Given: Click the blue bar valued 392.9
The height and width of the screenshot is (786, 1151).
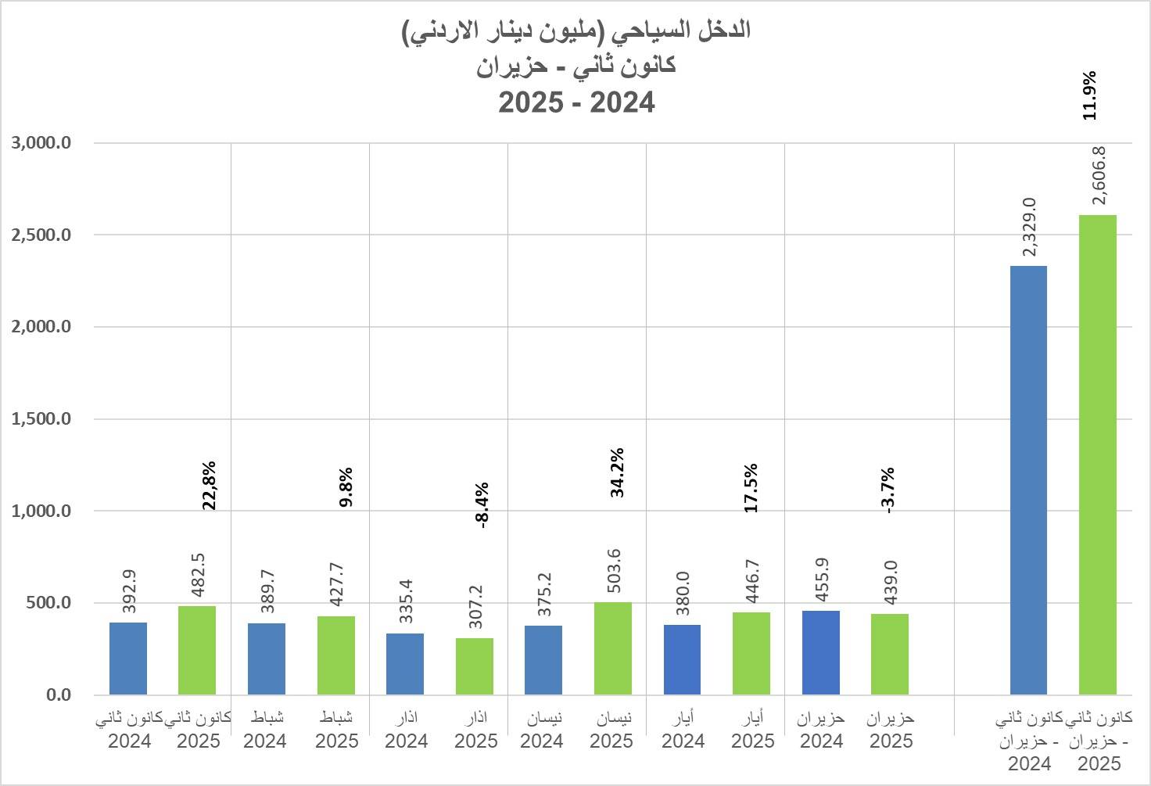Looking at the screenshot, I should click(x=128, y=659).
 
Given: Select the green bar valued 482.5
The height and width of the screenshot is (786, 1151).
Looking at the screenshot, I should click(x=197, y=650).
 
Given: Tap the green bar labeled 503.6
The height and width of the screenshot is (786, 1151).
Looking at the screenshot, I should click(x=612, y=648).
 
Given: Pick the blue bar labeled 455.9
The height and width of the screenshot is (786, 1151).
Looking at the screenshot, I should click(x=821, y=652).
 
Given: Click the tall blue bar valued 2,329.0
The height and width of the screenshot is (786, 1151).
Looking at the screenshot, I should click(x=1028, y=480).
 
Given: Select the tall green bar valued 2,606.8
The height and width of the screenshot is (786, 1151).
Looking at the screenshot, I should click(x=1097, y=454).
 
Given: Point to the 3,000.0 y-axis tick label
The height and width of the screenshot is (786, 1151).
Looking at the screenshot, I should click(x=41, y=143).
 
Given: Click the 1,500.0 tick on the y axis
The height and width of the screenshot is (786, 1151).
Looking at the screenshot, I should click(x=41, y=419).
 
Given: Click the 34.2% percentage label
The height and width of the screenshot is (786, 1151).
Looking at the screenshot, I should click(x=618, y=472).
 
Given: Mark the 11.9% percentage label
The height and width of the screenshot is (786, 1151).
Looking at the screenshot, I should click(x=1089, y=95).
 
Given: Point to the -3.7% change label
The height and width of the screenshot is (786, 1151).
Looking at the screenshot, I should click(x=887, y=490).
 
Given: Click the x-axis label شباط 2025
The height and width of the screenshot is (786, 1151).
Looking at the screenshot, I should click(x=337, y=729).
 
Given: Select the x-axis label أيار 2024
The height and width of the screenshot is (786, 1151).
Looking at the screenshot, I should click(x=683, y=729).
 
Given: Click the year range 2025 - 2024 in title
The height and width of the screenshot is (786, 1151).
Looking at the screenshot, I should click(x=576, y=102).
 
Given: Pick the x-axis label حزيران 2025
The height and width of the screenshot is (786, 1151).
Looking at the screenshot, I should click(x=891, y=729).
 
